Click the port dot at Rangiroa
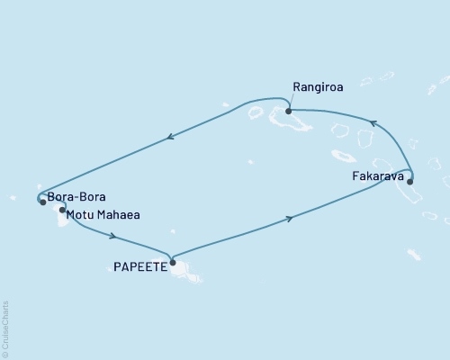(288, 112)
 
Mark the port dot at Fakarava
(410, 182)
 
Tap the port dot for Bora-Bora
(42, 202)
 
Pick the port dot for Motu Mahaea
(62, 210)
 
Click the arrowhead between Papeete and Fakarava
(289, 218)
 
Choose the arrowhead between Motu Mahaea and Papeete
(112, 237)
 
